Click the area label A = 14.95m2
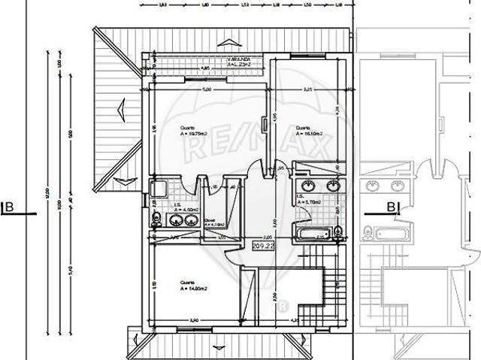(193, 288)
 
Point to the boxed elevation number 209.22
(262, 246)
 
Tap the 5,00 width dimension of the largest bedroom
(207, 89)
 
